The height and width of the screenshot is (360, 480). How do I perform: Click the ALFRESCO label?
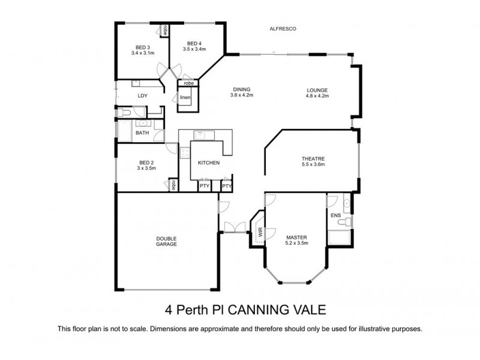coord(283,29)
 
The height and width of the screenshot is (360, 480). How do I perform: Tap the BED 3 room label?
coord(142,47)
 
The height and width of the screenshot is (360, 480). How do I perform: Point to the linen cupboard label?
coord(185,97)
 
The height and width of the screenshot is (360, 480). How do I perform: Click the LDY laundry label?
coord(142,96)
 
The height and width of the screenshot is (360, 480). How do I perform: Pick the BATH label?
coord(142,133)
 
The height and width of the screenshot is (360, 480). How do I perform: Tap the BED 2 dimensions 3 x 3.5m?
coord(147,169)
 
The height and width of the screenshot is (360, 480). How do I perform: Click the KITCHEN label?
coord(209,163)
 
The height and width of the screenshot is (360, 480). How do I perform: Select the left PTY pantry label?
coord(205,187)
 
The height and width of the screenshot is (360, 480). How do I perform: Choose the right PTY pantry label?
coord(226,187)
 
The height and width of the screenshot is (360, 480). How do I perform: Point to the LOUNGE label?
coord(317,90)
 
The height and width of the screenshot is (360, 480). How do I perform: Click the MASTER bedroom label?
coord(296,237)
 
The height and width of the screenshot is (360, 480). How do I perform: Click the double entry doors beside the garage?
coord(231,227)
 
